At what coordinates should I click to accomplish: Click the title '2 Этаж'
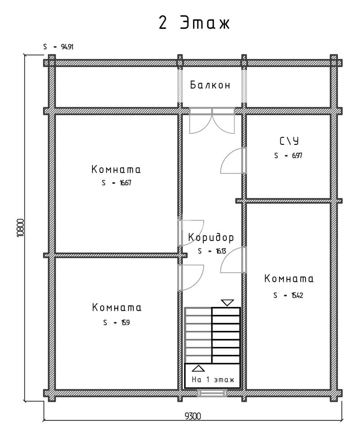(x=194, y=23)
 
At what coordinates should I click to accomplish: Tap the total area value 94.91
(x=67, y=47)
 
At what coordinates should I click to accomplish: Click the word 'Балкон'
(x=210, y=85)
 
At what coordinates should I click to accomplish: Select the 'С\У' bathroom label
(x=289, y=140)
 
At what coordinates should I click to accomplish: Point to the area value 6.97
(x=297, y=155)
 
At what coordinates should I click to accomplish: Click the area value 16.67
(x=125, y=183)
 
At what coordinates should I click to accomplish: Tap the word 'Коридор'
(x=211, y=237)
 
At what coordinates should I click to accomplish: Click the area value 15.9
(x=125, y=323)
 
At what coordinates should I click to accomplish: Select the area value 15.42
(x=297, y=295)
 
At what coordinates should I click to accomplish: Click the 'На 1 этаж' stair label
(x=213, y=379)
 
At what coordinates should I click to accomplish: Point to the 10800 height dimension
(x=21, y=228)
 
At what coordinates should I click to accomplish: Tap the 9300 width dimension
(x=193, y=416)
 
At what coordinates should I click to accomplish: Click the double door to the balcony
(x=212, y=120)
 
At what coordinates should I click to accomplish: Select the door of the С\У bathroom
(x=233, y=160)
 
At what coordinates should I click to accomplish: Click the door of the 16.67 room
(x=191, y=233)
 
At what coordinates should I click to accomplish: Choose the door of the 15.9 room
(x=191, y=278)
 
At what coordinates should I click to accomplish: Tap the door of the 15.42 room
(x=233, y=260)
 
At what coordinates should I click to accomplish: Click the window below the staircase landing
(x=212, y=392)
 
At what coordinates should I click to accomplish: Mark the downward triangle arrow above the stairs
(x=227, y=303)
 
